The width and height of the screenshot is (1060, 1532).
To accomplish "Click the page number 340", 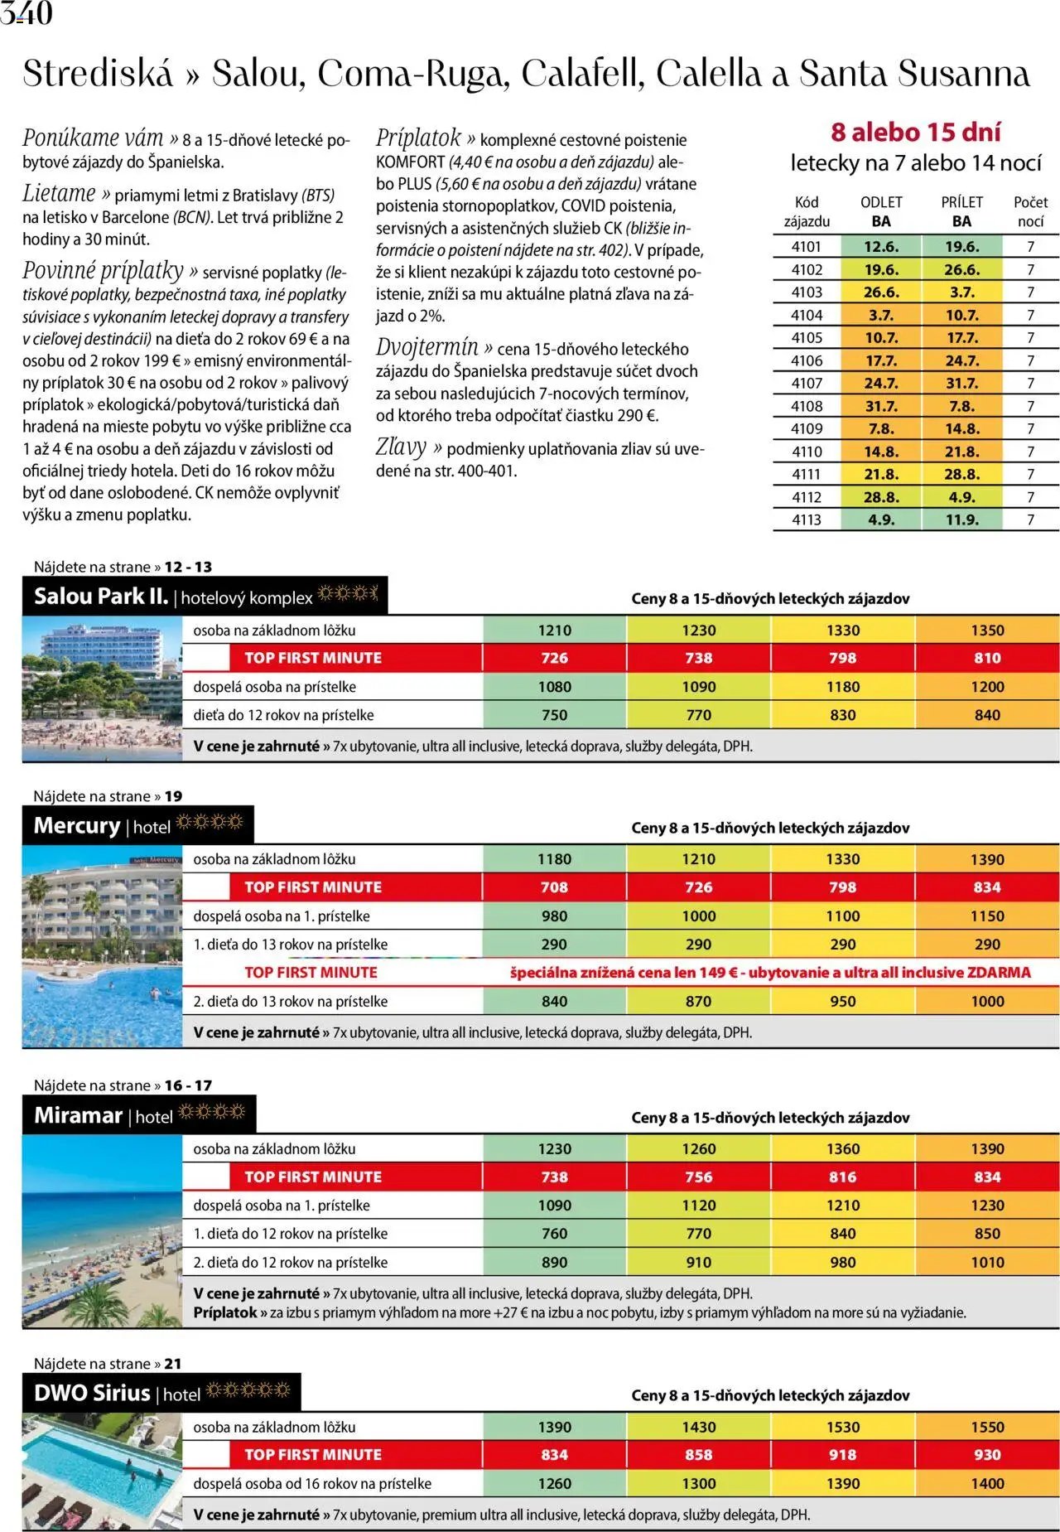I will click(26, 13).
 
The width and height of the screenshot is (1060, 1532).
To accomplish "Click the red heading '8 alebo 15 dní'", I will click(915, 133).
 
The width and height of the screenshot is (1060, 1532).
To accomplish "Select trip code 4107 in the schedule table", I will click(806, 384).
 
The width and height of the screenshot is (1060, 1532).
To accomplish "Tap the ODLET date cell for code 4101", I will click(880, 247).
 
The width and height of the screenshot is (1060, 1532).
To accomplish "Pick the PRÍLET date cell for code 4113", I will click(961, 520).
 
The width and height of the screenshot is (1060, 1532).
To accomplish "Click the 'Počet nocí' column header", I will click(1030, 211).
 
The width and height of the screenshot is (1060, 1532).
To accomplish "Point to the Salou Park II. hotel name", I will click(101, 597).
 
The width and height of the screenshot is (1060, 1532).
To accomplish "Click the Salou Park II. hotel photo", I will click(102, 688).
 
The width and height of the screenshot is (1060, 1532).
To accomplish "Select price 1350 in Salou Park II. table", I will click(987, 631).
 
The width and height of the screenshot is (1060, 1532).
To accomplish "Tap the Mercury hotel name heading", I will click(77, 826).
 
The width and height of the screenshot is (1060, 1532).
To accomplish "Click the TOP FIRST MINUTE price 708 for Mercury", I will click(554, 887).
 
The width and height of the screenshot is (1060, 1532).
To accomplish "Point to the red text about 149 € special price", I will click(770, 973).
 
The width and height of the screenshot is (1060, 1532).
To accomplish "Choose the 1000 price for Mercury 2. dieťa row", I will click(987, 1002).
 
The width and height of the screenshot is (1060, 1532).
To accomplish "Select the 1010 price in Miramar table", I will click(987, 1263).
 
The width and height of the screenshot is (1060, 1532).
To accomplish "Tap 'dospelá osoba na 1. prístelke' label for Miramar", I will click(282, 1206).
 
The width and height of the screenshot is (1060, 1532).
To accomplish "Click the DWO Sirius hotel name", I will click(92, 1394).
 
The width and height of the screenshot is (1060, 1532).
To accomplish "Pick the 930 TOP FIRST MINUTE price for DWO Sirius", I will click(987, 1455).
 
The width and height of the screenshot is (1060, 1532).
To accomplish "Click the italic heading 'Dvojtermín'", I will click(427, 347).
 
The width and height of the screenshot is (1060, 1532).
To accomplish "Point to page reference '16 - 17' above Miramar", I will click(188, 1085).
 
